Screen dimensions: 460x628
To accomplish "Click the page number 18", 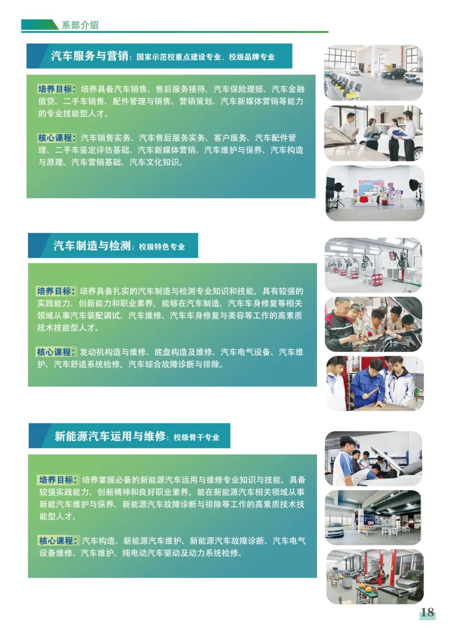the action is click(427, 612).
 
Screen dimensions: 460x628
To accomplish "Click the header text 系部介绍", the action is click(80, 25).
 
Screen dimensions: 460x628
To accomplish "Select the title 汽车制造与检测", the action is click(92, 246).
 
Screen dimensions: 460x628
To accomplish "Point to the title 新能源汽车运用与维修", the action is click(110, 436).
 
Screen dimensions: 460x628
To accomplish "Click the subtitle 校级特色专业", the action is click(162, 247).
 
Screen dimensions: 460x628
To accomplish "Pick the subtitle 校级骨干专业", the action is click(196, 437).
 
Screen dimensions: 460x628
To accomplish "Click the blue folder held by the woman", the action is click(398, 133).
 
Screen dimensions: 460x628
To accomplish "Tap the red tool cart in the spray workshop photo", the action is click(377, 280).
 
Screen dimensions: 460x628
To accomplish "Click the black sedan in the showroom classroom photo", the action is click(393, 74).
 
